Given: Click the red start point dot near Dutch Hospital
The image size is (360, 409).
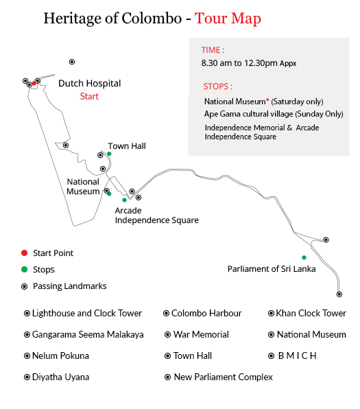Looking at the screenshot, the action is click(34, 83).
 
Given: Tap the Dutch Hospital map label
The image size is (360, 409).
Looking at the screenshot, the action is click(89, 84).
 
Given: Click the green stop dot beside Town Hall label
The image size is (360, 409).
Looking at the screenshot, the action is click(109, 154).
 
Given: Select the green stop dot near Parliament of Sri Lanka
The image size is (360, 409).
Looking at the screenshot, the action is click(304, 257).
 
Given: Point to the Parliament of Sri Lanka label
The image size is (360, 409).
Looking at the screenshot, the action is click(272, 269).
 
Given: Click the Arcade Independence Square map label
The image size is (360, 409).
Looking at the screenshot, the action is click(156, 215).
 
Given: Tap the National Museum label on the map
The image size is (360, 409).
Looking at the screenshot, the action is click(83, 187).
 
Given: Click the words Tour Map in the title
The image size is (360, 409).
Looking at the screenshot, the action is click(228, 19).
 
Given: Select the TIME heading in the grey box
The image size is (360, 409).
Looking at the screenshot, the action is click(213, 50).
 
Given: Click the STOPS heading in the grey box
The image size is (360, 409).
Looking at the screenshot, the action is click(218, 86).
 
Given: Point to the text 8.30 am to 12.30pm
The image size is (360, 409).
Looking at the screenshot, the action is click(239, 63).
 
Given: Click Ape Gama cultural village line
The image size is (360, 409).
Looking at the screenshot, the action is click(274, 114).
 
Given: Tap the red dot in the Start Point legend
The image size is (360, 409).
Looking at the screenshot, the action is click(24, 253).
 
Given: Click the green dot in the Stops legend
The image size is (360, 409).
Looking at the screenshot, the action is click(24, 269).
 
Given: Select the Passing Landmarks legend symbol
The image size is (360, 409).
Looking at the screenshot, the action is click(24, 286).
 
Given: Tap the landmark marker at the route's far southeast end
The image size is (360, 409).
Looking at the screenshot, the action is click(339, 294).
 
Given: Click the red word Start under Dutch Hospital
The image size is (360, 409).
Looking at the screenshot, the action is click(89, 96).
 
